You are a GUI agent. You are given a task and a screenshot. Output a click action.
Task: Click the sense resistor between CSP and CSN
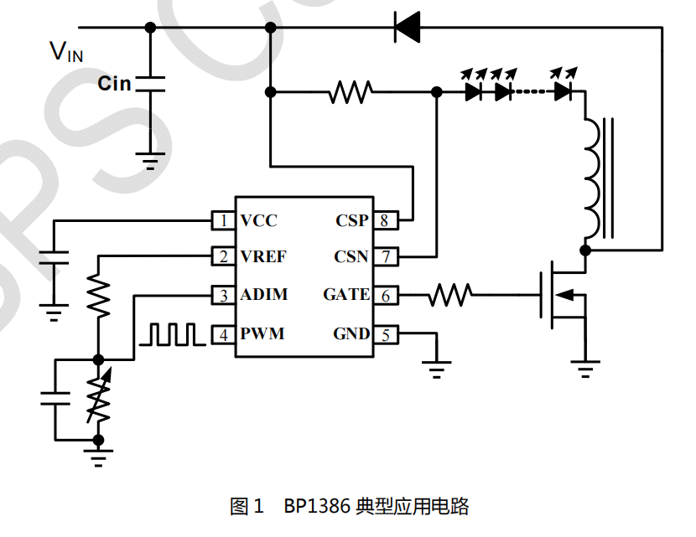[351, 92]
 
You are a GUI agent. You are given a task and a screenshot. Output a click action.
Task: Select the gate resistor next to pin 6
[450, 294]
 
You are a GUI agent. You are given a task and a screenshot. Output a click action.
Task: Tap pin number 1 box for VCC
[222, 221]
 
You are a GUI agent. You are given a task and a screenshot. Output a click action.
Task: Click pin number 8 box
[383, 221]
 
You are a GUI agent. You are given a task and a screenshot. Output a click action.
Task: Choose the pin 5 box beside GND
[383, 334]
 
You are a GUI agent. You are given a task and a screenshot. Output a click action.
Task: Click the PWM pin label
[262, 334]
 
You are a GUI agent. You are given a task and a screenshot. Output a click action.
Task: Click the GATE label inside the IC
[345, 295]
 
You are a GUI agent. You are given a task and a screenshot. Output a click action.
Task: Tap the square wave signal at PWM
[172, 334]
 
